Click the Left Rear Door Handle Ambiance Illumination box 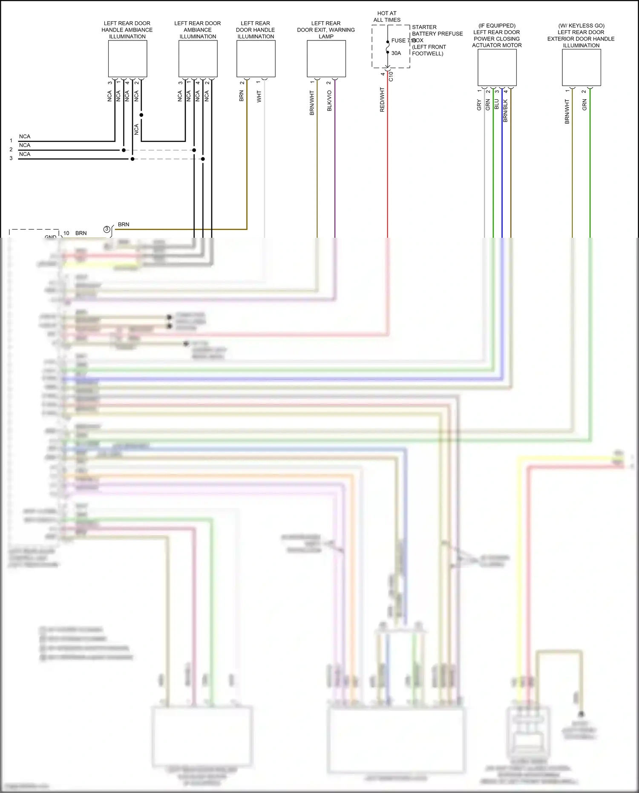127,59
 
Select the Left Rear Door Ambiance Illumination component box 198,59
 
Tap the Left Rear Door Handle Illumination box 256,59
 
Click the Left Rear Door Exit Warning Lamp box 326,59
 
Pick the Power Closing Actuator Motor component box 497,67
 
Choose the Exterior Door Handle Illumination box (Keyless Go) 581,67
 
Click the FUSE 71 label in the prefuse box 402,40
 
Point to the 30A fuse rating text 396,53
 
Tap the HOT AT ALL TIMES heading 387,17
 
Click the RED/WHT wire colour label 382,100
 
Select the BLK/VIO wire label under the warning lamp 329,101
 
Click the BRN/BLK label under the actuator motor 506,111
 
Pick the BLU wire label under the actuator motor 496,104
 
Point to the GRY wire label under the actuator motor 479,105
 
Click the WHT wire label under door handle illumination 259,96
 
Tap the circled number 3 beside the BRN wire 107,229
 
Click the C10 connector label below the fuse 391,76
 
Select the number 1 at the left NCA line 11,141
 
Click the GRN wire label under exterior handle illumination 584,105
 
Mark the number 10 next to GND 66,233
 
